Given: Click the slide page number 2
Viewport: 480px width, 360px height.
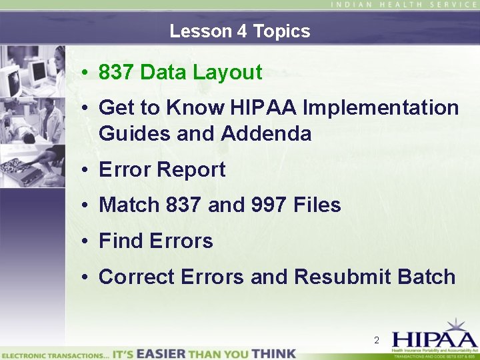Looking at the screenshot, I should click(x=377, y=341).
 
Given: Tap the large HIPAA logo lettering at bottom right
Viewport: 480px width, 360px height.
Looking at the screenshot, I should click(x=434, y=337).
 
